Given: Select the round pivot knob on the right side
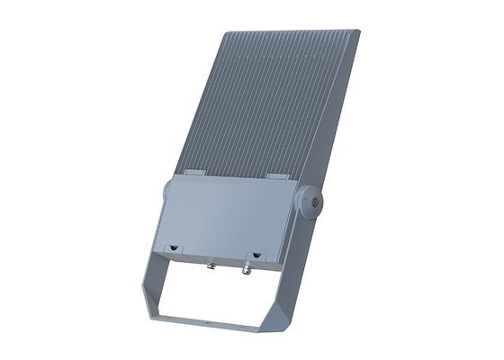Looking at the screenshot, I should click(x=309, y=201).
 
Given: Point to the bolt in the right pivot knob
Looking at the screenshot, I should click(x=314, y=202).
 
